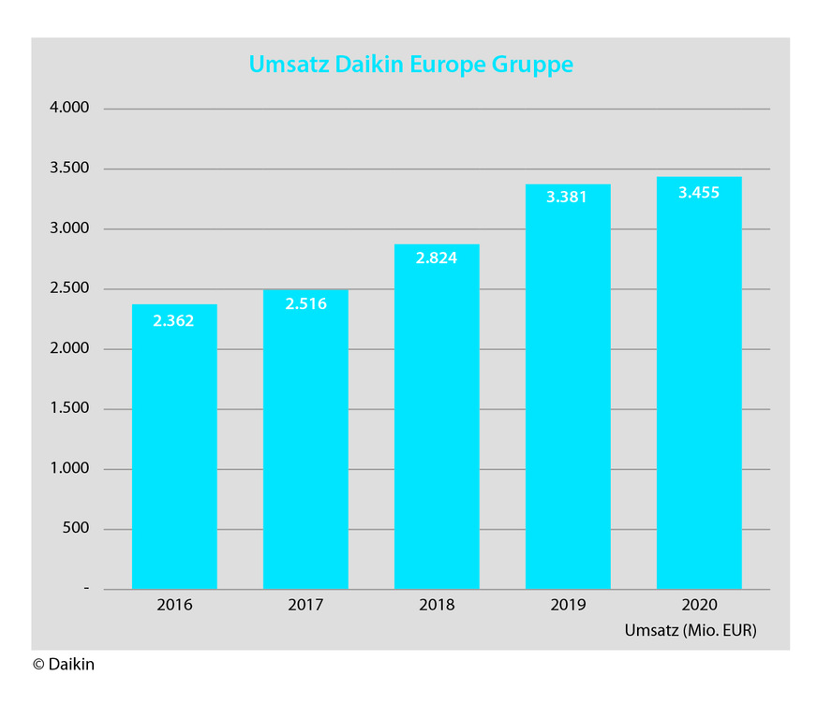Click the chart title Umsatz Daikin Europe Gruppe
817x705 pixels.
point(410,65)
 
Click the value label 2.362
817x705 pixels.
point(174,321)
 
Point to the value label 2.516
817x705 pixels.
point(305,303)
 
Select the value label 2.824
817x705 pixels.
point(437,258)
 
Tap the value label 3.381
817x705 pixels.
point(568,198)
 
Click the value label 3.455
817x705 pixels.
point(699,192)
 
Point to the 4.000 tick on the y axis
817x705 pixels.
point(68,109)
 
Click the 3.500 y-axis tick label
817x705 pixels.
point(68,169)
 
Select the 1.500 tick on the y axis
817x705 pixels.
point(68,409)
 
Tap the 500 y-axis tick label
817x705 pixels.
point(75,529)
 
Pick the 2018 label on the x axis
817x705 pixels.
point(437,606)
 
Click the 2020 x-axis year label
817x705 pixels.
point(699,606)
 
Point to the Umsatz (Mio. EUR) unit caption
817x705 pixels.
point(691,631)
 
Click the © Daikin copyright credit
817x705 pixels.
point(64,665)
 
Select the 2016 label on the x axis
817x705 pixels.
point(174,606)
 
